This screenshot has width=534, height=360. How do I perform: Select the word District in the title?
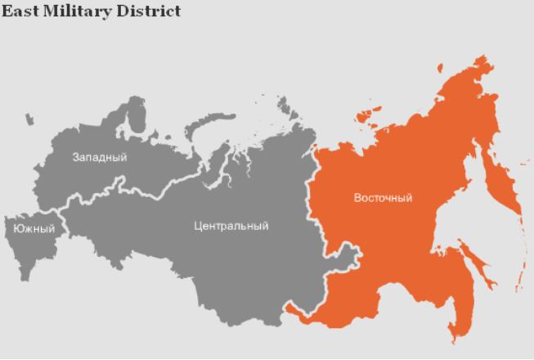[x=147, y=11]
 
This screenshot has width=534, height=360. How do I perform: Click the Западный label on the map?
[x=99, y=157]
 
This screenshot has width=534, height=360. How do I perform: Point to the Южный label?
[x=34, y=229]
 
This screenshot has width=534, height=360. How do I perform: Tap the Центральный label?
[x=231, y=226]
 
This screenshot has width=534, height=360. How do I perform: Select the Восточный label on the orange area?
[x=383, y=198]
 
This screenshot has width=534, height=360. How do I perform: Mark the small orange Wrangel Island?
[x=440, y=68]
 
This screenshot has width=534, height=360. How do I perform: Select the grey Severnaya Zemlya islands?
[x=285, y=106]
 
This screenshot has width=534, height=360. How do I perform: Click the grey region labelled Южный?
[x=25, y=245]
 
